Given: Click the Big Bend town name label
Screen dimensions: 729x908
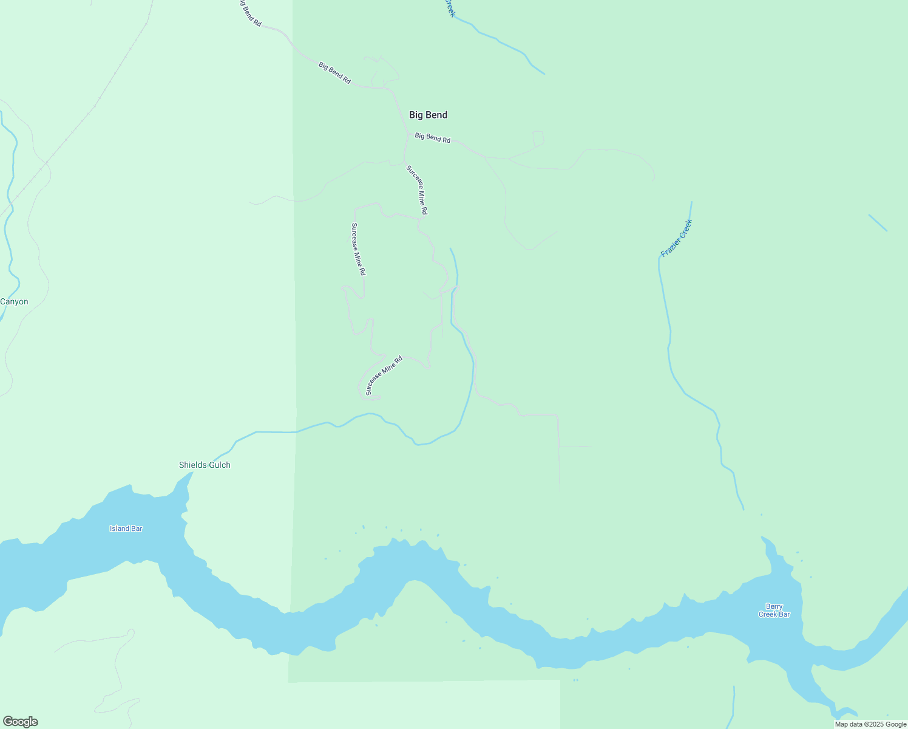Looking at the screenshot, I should pyautogui.click(x=428, y=115).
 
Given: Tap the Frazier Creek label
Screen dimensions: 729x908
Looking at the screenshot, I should pyautogui.click(x=676, y=238).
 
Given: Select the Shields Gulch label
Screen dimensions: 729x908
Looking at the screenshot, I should pyautogui.click(x=205, y=465).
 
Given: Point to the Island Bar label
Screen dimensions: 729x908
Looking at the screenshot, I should pyautogui.click(x=126, y=529).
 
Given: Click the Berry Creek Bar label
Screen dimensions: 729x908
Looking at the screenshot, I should pyautogui.click(x=774, y=611).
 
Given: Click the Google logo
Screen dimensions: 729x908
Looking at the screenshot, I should pyautogui.click(x=20, y=722).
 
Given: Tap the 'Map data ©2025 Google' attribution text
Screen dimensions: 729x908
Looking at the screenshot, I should pyautogui.click(x=870, y=724).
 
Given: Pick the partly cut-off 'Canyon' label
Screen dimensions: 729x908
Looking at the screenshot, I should pyautogui.click(x=14, y=302).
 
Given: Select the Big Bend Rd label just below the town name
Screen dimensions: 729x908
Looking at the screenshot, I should pyautogui.click(x=432, y=137).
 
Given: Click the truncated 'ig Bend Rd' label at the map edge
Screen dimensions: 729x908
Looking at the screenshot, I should pyautogui.click(x=249, y=13).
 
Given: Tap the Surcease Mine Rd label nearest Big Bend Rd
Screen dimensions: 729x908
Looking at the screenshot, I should pyautogui.click(x=417, y=190).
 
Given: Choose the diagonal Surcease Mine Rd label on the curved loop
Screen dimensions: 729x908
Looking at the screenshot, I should pyautogui.click(x=384, y=375).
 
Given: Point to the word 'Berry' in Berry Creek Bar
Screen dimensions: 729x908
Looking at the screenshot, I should pyautogui.click(x=774, y=606).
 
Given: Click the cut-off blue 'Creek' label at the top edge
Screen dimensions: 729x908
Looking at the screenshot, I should pyautogui.click(x=449, y=8).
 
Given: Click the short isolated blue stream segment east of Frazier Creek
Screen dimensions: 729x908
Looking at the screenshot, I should pyautogui.click(x=878, y=223).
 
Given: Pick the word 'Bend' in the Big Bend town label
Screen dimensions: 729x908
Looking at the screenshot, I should pyautogui.click(x=436, y=115).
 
